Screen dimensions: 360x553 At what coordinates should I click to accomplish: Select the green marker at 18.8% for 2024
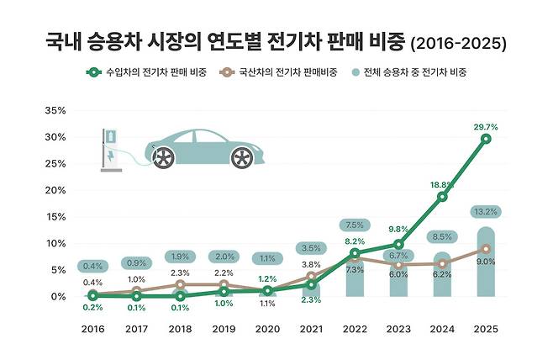coord(443,197)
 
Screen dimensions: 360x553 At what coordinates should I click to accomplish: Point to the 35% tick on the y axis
coord(55,110)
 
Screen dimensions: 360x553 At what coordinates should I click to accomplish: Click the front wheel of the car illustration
coord(163,156)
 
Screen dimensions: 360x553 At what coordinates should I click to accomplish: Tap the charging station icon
coord(110,150)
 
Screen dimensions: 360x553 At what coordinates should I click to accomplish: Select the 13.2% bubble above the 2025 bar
coord(487,212)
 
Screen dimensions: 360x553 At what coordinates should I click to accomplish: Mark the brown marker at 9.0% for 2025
coord(487,249)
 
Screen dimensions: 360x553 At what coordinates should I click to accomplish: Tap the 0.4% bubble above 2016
coord(92,267)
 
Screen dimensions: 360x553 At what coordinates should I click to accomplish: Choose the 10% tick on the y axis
coord(55,243)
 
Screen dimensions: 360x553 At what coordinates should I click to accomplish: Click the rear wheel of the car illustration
coord(241,156)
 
